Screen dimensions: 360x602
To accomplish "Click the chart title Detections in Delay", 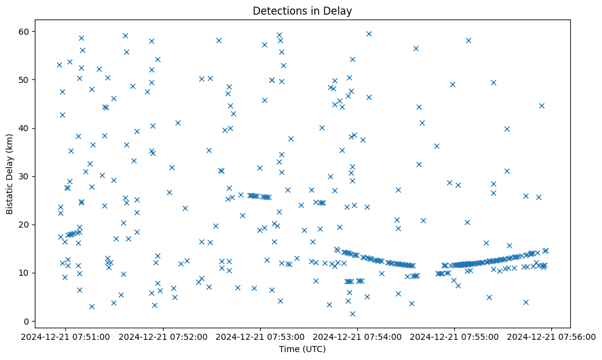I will point(302,11).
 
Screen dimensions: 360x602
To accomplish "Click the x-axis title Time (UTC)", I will point(302,349).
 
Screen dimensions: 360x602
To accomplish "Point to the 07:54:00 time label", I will point(358,336).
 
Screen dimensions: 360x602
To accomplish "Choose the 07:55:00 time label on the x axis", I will point(455,336).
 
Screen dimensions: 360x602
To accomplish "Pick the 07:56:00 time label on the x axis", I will point(552,336).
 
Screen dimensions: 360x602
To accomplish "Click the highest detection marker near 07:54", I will point(369,34).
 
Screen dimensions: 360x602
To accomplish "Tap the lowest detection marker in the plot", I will point(352,314).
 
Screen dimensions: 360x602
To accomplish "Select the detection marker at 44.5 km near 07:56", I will point(542,106).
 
